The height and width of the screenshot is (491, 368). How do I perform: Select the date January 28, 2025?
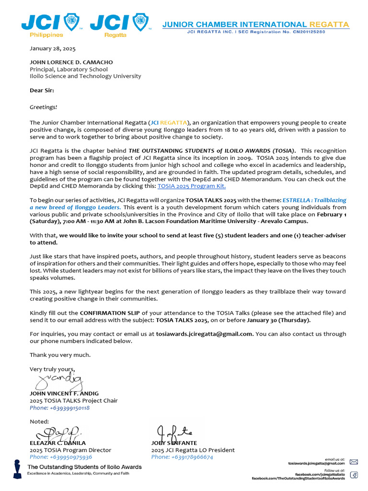tap(53, 48)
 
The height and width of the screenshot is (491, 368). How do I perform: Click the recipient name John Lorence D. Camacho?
tap(72, 62)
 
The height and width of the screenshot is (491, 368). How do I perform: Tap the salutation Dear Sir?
tap(42, 90)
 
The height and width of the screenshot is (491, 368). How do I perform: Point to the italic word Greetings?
tap(44, 107)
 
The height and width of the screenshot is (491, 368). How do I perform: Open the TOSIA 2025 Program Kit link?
tap(192, 186)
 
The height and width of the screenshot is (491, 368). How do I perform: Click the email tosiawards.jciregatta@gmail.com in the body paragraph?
tap(205, 334)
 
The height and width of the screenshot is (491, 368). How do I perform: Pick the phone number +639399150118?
tap(60, 408)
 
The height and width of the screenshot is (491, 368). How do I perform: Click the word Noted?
tap(39, 421)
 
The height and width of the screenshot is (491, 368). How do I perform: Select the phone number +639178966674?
tap(182, 457)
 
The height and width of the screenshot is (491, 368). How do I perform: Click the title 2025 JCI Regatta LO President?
tap(193, 450)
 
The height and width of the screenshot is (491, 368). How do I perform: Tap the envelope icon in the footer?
tap(354, 462)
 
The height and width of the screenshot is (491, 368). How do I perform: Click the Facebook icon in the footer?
tap(354, 475)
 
